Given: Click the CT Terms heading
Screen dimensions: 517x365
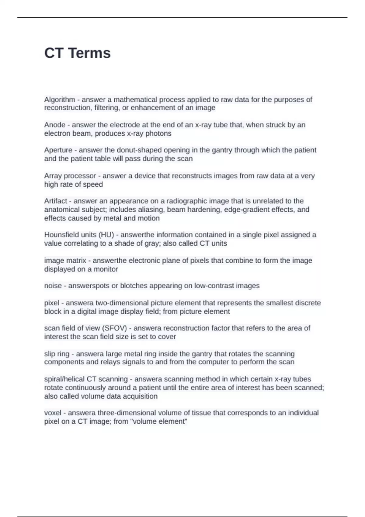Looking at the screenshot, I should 77,53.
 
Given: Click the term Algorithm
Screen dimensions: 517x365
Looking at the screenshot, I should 60,100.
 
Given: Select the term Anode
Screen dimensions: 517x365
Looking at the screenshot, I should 55,125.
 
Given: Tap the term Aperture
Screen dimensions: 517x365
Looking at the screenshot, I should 58,150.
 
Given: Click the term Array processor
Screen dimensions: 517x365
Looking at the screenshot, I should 70,176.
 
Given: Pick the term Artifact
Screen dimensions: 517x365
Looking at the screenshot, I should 56,201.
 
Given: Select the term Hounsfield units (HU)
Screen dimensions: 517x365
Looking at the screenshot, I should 79,235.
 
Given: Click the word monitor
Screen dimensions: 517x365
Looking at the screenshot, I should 106,269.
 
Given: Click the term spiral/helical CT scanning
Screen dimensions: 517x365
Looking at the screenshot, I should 86,379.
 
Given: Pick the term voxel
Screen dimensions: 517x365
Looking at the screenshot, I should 53,413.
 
